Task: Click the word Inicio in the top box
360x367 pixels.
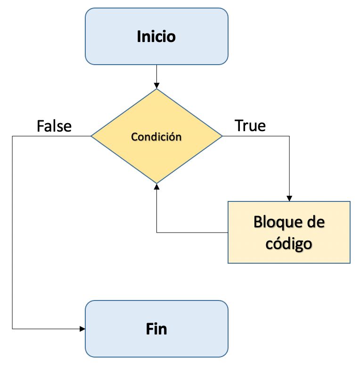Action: point(156,36)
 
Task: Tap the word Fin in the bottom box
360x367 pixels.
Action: point(156,328)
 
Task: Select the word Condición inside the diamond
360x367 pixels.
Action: point(156,137)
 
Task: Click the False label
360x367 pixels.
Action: point(54,126)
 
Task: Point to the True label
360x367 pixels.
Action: point(250,125)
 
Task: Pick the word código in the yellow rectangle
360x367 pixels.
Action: point(289,244)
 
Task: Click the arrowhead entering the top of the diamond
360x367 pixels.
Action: point(156,85)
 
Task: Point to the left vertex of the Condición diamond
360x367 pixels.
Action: point(91,136)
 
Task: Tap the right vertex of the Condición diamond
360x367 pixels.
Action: point(222,136)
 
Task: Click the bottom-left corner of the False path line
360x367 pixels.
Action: point(12,328)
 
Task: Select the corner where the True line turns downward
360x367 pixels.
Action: point(289,136)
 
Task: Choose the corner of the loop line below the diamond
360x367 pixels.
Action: point(156,233)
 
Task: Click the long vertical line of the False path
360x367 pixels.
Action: point(12,231)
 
